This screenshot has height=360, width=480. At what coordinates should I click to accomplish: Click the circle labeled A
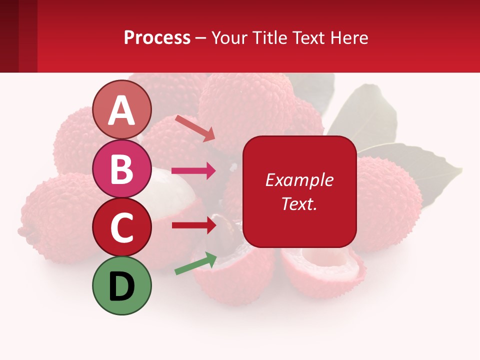(x=122, y=109)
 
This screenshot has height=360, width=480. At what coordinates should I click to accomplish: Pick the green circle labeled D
(x=122, y=285)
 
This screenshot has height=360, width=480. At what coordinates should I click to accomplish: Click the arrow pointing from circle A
(x=195, y=127)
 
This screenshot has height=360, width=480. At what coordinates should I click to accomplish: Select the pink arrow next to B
(x=193, y=171)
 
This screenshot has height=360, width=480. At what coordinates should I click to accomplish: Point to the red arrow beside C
(x=193, y=225)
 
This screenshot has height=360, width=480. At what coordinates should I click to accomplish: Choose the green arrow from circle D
(x=195, y=263)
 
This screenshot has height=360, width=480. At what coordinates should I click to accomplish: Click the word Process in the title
(x=157, y=37)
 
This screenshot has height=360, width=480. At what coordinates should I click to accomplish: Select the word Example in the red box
(x=299, y=180)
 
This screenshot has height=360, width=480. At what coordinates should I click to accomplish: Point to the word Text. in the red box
(x=299, y=203)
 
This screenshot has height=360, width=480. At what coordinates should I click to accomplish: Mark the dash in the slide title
(x=200, y=38)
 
